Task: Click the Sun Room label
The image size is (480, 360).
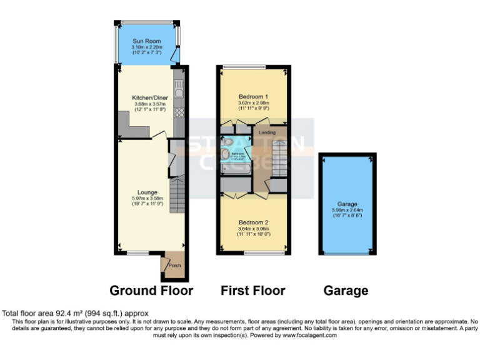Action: (147, 41)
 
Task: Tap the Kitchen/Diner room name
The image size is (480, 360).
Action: (149, 98)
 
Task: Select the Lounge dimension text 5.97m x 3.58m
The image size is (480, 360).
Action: (148, 198)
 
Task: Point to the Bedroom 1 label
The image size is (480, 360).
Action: (253, 97)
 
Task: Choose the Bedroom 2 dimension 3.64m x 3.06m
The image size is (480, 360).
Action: (253, 229)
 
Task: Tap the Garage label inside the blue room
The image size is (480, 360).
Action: (347, 203)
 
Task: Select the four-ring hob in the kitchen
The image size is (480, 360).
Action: (179, 112)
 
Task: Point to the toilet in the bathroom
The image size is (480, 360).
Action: (226, 154)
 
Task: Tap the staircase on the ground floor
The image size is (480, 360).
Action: (178, 194)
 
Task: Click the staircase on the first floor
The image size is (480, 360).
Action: (282, 159)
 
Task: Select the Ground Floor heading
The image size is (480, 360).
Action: (151, 291)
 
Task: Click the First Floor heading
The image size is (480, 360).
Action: (252, 291)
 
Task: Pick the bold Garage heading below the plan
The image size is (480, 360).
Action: (346, 291)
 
